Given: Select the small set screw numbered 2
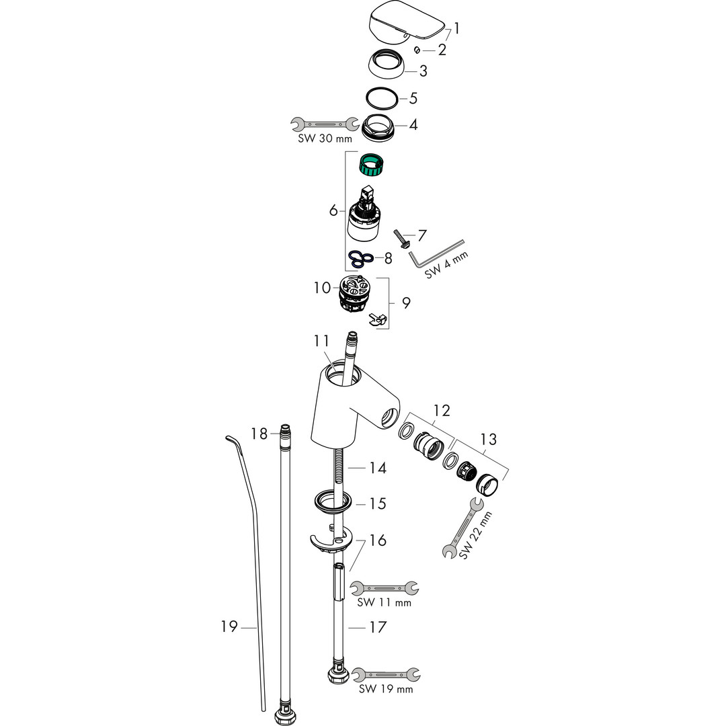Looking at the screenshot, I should (x=417, y=50).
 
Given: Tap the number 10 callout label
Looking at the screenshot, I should (x=322, y=288).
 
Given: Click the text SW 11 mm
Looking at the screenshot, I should (x=384, y=602).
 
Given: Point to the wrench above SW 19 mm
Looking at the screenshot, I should (x=386, y=673).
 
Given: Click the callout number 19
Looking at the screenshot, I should (x=229, y=627).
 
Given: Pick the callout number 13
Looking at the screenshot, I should (x=488, y=440).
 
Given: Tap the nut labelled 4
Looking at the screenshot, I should (x=382, y=126).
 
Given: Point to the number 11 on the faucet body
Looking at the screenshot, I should (x=321, y=341).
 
